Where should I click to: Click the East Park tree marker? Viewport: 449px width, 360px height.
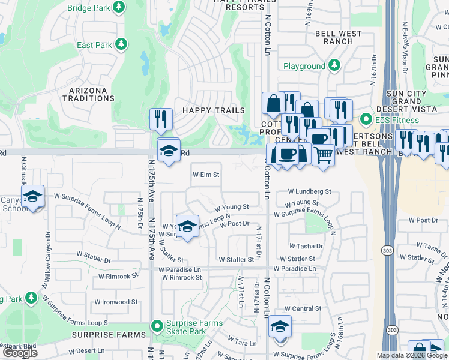pos(122,44)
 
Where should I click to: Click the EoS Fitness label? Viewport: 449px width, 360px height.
pos(397,120)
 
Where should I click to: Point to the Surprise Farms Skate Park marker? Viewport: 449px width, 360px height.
pos(157,326)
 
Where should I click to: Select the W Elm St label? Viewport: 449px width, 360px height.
pos(206,175)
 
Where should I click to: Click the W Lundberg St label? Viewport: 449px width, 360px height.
pos(309,191)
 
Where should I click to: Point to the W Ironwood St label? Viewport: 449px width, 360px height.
pos(116,302)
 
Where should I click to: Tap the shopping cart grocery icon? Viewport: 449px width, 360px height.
pos(324,155)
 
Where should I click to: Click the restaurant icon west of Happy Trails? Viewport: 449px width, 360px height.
pos(161,119)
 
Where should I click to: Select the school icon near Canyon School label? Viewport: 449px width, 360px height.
pos(33,196)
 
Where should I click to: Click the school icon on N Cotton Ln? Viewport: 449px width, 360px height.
pos(280,326)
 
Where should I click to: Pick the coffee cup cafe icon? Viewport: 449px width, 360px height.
pos(287,154)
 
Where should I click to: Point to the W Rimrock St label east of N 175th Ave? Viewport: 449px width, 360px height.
pos(181,278)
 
